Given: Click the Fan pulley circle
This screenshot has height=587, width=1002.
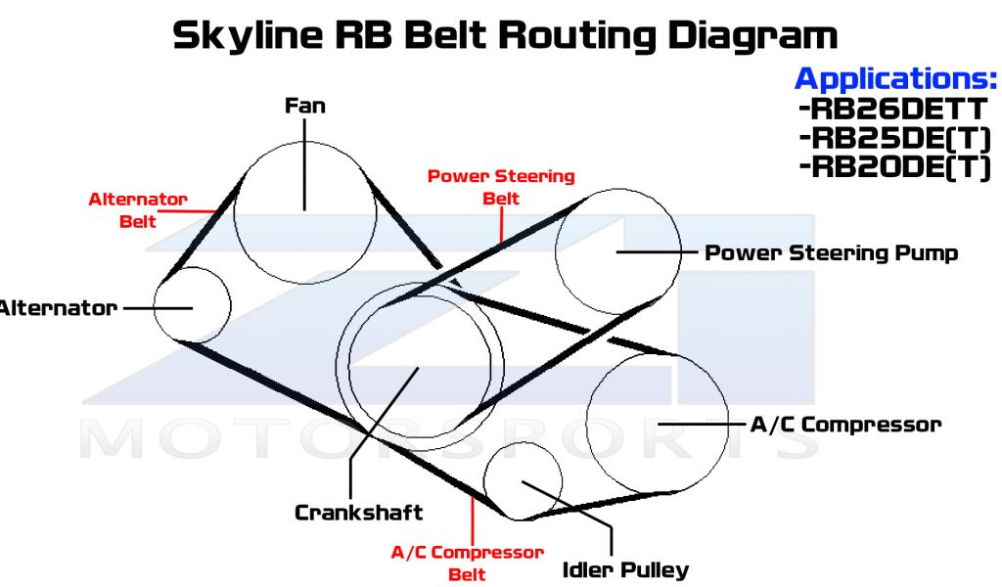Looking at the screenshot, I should tap(304, 210).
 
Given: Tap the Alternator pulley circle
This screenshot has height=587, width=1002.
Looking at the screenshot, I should tap(193, 304).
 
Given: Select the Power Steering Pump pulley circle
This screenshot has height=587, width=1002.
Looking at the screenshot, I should tap(617, 252).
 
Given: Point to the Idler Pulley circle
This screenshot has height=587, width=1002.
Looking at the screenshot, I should tap(524, 480).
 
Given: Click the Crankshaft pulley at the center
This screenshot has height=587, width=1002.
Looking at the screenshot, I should tap(418, 367).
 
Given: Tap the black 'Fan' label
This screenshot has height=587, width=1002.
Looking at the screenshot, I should tap(304, 105).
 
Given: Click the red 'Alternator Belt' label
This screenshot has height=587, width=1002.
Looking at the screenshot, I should tap(138, 209).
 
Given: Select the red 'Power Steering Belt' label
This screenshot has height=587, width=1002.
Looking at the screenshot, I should tap(501, 187).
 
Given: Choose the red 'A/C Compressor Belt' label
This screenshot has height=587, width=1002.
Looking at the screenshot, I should tap(467, 563).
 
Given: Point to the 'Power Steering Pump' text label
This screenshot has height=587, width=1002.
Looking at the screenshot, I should tap(832, 252).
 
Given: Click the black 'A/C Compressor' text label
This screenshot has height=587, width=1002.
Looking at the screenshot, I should tap(844, 424).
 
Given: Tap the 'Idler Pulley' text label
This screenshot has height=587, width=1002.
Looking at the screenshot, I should tap(625, 568).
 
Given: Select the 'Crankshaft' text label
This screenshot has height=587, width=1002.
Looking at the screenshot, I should tap(358, 512).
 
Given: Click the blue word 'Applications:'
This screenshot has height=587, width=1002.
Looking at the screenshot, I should tap(895, 77).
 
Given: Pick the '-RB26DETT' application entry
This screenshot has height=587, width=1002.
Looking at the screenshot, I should tap(893, 108).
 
